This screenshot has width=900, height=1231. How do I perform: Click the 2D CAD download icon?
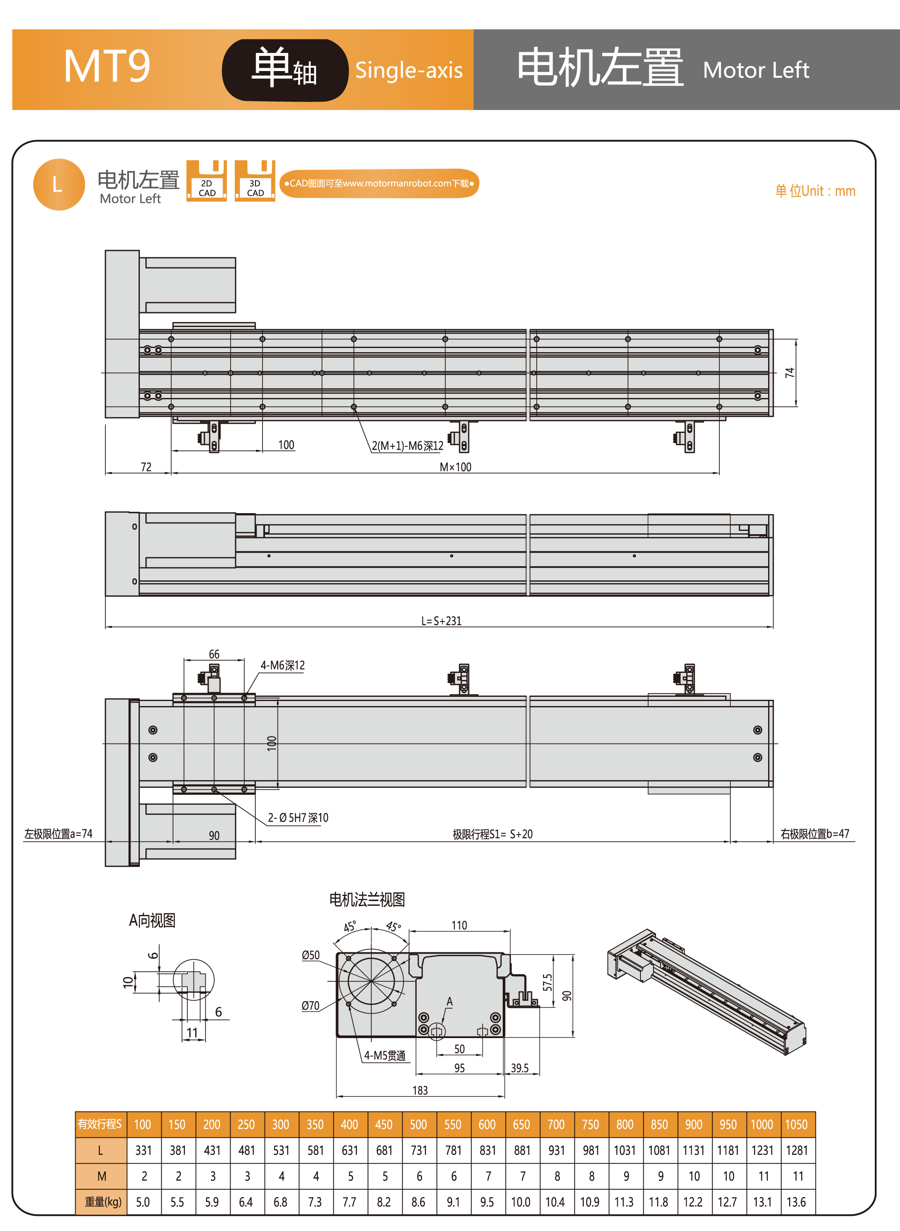[x=207, y=181]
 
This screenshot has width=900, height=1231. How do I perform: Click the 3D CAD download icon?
[x=255, y=181]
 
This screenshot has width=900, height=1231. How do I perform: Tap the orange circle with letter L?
[x=59, y=184]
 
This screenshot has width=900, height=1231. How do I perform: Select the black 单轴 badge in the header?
[x=285, y=70]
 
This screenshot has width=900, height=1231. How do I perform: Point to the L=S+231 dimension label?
[x=441, y=621]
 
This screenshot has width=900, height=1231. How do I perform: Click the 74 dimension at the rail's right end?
[x=790, y=373]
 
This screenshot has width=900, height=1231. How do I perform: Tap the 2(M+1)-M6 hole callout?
[x=407, y=446]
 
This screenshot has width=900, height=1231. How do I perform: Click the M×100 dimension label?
[x=455, y=467]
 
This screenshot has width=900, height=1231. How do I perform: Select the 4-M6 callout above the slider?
[x=282, y=665]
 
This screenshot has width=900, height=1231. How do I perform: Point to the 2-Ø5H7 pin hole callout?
[x=298, y=818]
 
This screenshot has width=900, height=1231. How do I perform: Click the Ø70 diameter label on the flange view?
[x=310, y=1006]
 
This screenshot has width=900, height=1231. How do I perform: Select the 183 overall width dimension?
[x=420, y=1090]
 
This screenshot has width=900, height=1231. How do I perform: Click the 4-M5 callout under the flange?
[x=385, y=1056]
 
